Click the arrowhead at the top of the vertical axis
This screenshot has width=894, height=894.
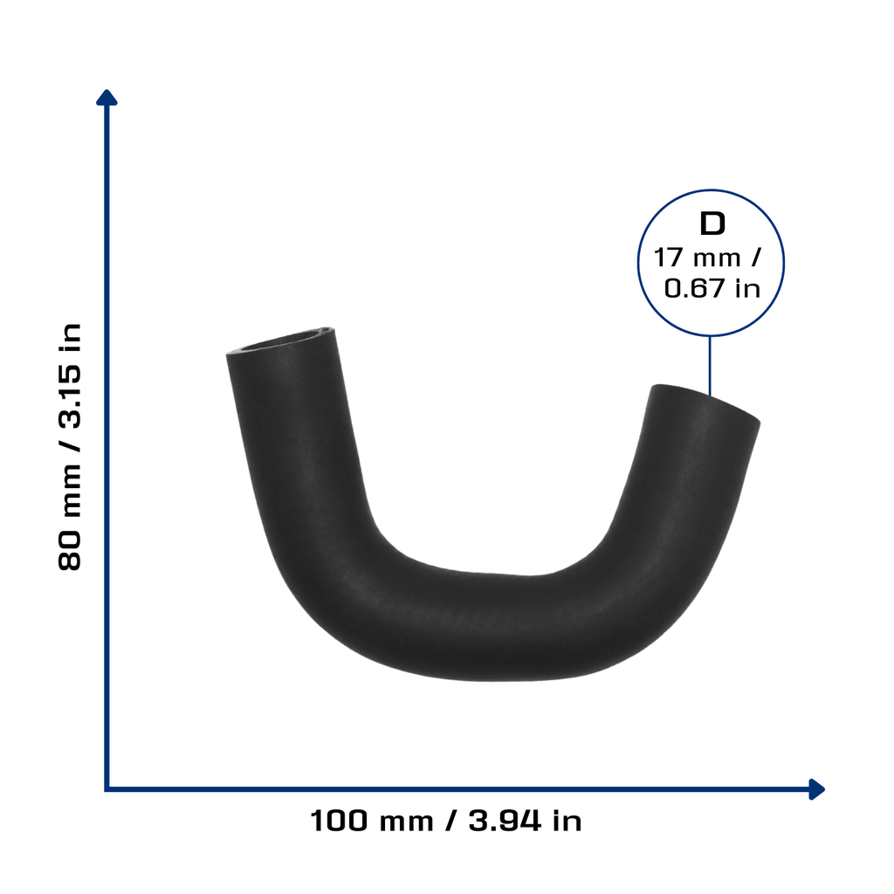107,98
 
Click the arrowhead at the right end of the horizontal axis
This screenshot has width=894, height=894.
816,789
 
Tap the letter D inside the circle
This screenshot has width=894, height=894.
712,223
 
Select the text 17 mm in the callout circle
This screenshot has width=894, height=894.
697,258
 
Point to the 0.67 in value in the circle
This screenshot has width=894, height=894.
712,288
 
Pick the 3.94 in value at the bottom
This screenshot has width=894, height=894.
525,821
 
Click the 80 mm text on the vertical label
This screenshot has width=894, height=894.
70,516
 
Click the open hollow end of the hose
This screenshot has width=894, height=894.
281,341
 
